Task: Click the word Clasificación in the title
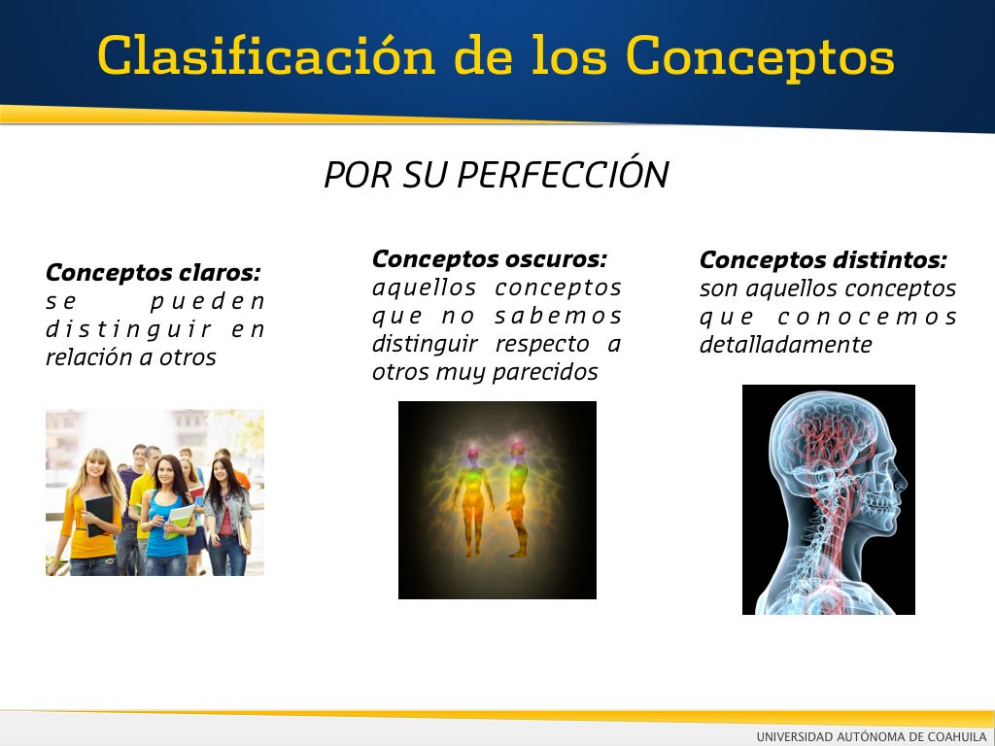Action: click(266, 55)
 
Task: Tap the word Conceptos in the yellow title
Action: click(760, 58)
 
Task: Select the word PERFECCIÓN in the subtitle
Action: click(563, 174)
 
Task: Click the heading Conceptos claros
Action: click(153, 273)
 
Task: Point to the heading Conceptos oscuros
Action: click(490, 258)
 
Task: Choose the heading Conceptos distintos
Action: click(823, 260)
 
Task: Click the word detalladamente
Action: click(785, 345)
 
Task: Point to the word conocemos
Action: click(867, 317)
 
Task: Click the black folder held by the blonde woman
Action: click(99, 515)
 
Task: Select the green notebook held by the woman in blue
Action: click(179, 521)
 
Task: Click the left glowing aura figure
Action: click(473, 501)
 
